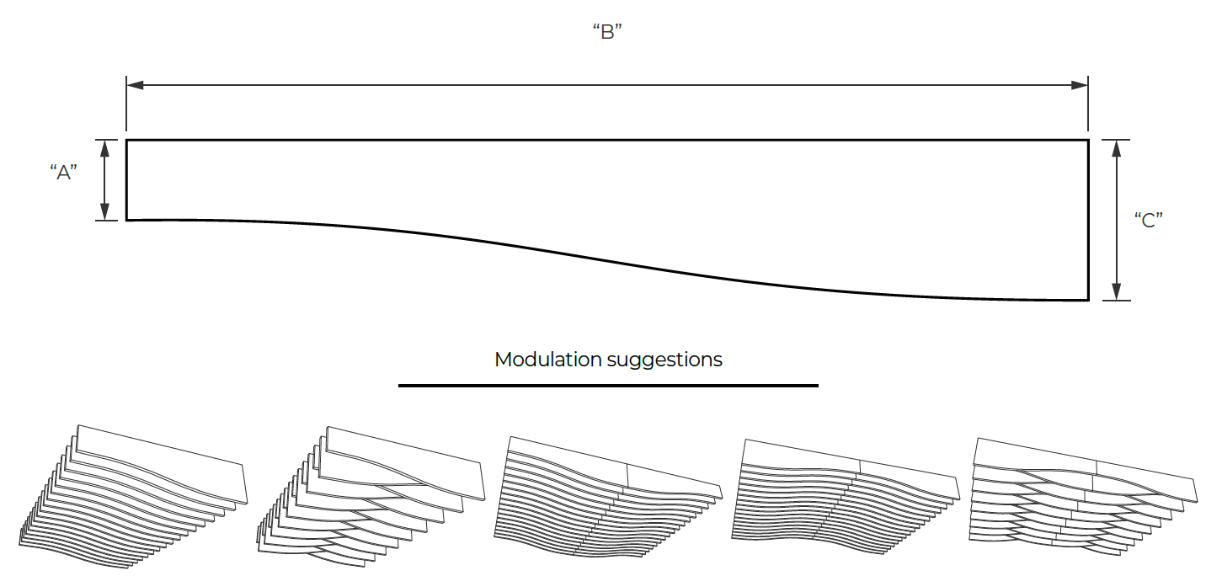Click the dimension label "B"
[x=607, y=32]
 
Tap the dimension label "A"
[x=64, y=173]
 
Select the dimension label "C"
[x=1149, y=221]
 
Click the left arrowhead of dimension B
[x=135, y=85]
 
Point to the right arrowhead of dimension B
[x=1080, y=85]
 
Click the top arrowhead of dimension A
[x=104, y=148]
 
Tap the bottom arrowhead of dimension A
[x=104, y=211]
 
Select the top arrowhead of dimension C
[x=1116, y=148]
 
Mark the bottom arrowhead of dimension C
[x=1116, y=291]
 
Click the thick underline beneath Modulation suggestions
[x=608, y=386]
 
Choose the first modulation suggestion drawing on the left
[x=132, y=497]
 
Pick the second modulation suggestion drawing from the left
[x=371, y=497]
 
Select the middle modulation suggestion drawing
[x=608, y=497]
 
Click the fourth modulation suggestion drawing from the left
[x=846, y=497]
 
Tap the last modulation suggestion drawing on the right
[x=1083, y=497]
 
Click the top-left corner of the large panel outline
[x=127, y=140]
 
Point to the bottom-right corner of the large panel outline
[x=1088, y=300]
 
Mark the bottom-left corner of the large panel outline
[x=127, y=221]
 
